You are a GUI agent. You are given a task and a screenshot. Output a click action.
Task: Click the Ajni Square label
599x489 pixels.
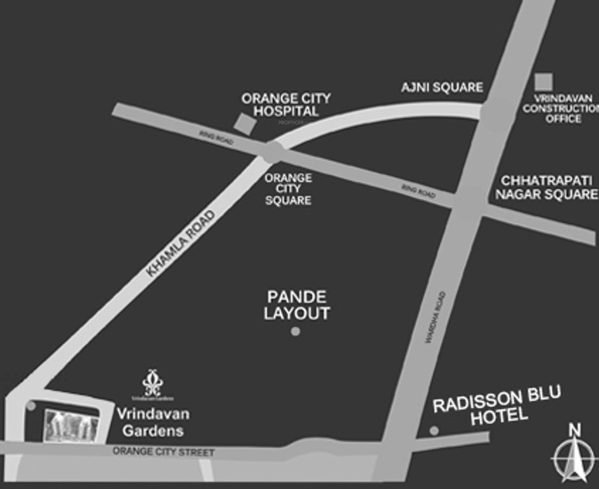[442, 87]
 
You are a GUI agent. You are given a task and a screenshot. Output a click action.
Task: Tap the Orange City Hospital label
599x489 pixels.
[286, 104]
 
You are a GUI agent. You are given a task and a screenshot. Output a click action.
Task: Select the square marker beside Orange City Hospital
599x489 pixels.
[243, 123]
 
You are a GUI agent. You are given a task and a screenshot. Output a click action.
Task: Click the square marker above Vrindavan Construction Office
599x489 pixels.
[543, 81]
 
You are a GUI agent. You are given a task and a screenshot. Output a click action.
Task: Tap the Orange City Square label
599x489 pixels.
[288, 188]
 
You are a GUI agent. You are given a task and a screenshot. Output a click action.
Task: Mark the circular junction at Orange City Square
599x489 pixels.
[272, 153]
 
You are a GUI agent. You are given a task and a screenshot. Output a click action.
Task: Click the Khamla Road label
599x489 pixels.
[181, 243]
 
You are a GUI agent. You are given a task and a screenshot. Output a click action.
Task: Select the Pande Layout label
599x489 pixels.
[297, 305]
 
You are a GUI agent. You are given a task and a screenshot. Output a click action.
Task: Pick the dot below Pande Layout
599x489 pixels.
[295, 331]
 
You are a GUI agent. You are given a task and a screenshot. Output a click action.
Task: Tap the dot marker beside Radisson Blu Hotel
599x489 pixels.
[434, 430]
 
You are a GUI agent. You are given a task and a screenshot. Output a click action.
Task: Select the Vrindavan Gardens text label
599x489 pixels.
[153, 422]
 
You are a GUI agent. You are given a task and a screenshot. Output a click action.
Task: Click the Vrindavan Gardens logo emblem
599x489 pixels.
[153, 383]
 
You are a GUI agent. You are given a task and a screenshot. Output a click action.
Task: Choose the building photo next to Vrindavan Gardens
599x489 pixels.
[71, 426]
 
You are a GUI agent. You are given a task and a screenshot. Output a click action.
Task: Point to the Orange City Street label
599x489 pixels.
[163, 452]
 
